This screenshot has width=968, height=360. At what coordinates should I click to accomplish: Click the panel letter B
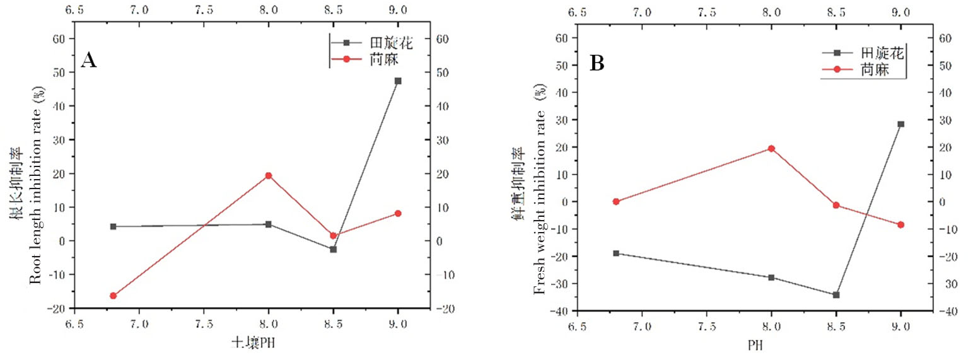click(596, 63)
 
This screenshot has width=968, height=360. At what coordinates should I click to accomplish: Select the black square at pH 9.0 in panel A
click(398, 81)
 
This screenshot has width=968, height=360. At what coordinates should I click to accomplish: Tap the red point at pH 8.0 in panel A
click(269, 175)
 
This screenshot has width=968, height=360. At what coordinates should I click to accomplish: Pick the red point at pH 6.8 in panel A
click(114, 296)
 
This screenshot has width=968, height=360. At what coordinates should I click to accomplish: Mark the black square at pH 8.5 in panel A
click(333, 249)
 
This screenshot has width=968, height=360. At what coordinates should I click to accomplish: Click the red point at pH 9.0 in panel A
click(398, 213)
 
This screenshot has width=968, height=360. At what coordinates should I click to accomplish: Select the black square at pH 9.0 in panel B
click(901, 124)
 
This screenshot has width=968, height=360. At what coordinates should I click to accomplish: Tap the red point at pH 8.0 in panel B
click(771, 148)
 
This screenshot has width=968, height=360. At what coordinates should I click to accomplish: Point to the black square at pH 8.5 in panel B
click(836, 294)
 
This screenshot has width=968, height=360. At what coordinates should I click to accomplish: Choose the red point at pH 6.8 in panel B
click(616, 202)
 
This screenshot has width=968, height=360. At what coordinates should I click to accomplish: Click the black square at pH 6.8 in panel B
click(616, 253)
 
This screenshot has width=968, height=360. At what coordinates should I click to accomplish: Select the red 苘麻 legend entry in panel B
click(873, 70)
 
